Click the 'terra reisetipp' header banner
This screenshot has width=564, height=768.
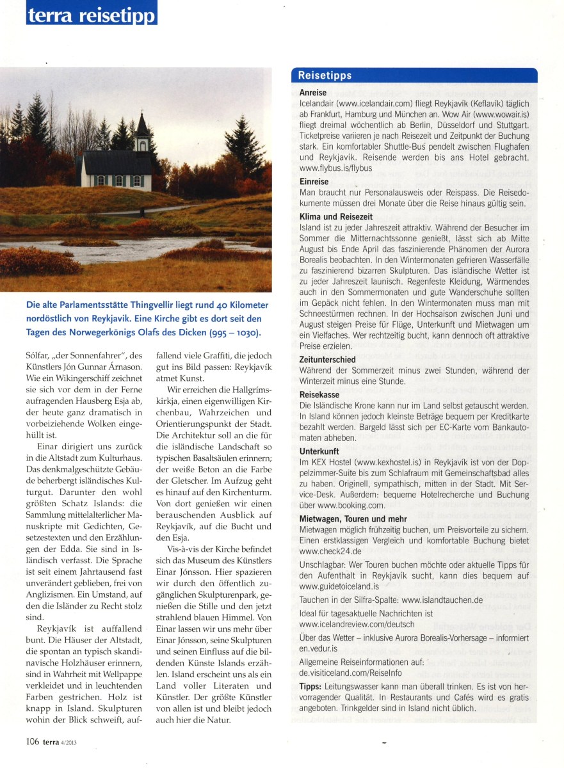tap(92, 13)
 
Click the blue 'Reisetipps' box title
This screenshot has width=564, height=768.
tap(325, 76)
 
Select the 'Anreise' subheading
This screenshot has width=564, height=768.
tap(312, 93)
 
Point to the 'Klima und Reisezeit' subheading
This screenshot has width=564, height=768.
tap(337, 217)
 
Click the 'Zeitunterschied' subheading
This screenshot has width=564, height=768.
tap(328, 360)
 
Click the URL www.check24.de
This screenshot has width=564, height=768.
tap(330, 550)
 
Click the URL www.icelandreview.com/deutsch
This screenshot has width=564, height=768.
tap(357, 623)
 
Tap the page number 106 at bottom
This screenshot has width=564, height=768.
tap(33, 742)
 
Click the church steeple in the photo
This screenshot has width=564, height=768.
tap(143, 128)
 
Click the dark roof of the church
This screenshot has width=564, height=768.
tap(115, 162)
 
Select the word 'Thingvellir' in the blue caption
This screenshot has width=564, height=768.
tap(184, 305)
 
